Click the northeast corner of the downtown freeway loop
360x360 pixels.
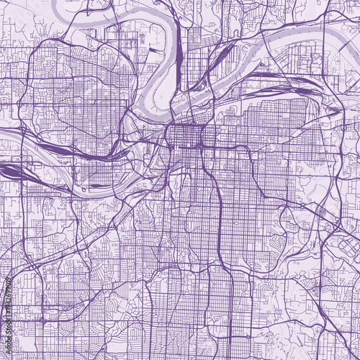click(215, 126)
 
